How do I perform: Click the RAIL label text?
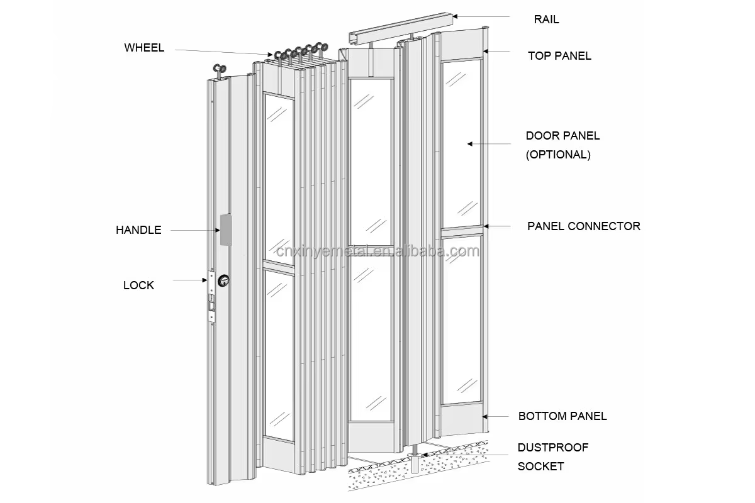click(x=546, y=19)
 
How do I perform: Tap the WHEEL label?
click(x=144, y=48)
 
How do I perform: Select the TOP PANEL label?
click(x=559, y=56)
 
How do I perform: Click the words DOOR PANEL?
click(x=562, y=136)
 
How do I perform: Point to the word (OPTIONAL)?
click(x=558, y=155)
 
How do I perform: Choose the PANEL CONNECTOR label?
click(x=583, y=226)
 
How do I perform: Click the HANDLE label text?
click(x=138, y=230)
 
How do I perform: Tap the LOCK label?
click(x=138, y=285)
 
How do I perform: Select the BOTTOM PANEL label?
click(x=562, y=416)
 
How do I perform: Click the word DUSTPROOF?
click(x=552, y=448)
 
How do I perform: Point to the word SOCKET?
click(x=540, y=467)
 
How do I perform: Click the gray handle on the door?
click(x=225, y=229)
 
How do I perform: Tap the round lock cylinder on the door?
click(x=223, y=280)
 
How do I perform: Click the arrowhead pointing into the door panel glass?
click(x=469, y=144)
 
